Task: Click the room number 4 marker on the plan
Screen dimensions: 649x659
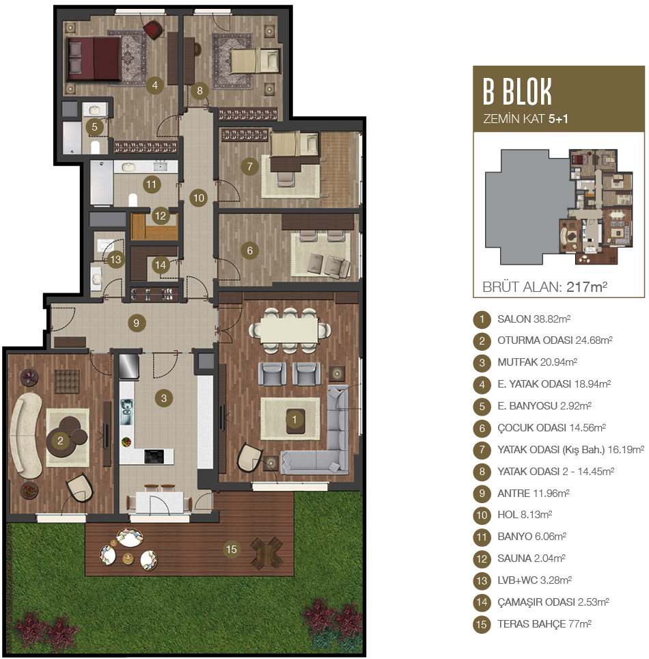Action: pyautogui.click(x=154, y=85)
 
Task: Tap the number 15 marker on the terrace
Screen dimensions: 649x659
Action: pyautogui.click(x=232, y=549)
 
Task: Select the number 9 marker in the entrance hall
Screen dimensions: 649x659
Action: pyautogui.click(x=136, y=323)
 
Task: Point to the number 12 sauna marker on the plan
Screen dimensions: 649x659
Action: pyautogui.click(x=161, y=216)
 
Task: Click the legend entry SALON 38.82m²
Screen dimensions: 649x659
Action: pyautogui.click(x=534, y=319)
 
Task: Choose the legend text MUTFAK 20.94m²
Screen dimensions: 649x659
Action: pyautogui.click(x=537, y=362)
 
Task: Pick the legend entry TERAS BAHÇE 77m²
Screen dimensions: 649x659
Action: pyautogui.click(x=544, y=623)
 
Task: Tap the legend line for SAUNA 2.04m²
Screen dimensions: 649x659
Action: pyautogui.click(x=531, y=558)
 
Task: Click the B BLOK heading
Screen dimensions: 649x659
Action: pyautogui.click(x=517, y=92)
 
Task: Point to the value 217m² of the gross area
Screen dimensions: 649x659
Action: pyautogui.click(x=587, y=286)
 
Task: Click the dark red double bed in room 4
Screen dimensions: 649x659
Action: pyautogui.click(x=94, y=58)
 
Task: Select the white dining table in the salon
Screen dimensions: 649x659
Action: pyautogui.click(x=289, y=330)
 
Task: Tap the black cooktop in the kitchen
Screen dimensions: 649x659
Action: pyautogui.click(x=154, y=457)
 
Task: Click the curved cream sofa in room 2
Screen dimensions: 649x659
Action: pyautogui.click(x=25, y=435)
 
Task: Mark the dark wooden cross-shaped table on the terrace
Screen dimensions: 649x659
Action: pyautogui.click(x=267, y=552)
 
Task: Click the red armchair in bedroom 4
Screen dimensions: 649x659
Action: pyautogui.click(x=153, y=29)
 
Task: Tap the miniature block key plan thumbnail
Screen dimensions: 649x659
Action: pyautogui.click(x=559, y=206)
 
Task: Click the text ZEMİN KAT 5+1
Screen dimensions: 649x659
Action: pyautogui.click(x=525, y=119)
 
